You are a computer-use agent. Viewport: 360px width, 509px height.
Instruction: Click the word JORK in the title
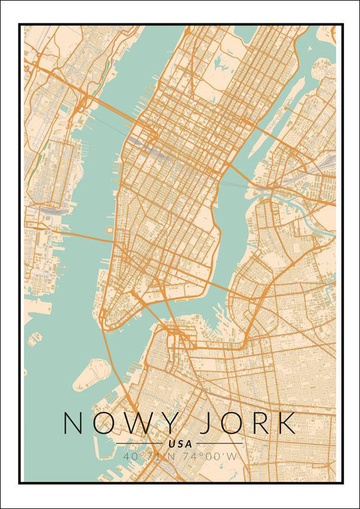[248, 423]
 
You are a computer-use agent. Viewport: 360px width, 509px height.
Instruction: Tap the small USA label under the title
[180, 444]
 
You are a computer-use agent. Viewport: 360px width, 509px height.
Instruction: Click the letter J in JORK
[205, 423]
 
